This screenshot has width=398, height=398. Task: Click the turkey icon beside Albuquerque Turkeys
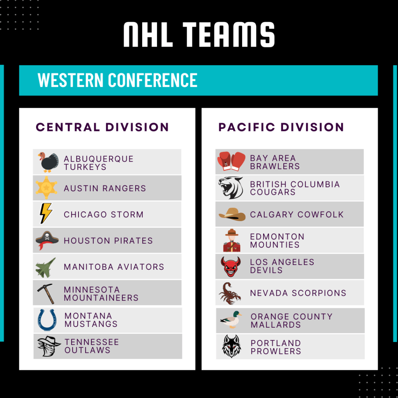pyautogui.click(x=48, y=162)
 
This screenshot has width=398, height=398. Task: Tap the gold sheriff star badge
pyautogui.click(x=47, y=188)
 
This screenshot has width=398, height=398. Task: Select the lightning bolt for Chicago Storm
pyautogui.click(x=46, y=213)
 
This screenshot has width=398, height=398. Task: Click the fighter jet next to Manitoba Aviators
pyautogui.click(x=46, y=267)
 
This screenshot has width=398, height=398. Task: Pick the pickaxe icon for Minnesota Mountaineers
pyautogui.click(x=46, y=294)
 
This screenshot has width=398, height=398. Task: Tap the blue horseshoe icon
pyautogui.click(x=47, y=320)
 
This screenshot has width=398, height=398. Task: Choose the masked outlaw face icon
pyautogui.click(x=49, y=346)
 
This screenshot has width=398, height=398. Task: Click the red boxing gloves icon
pyautogui.click(x=231, y=161)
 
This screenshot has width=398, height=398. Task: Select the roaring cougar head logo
pyautogui.click(x=231, y=188)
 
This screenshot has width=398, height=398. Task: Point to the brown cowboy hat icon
pyautogui.click(x=232, y=214)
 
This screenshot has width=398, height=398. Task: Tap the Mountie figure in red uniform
pyautogui.click(x=232, y=240)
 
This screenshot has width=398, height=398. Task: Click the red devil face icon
pyautogui.click(x=230, y=267)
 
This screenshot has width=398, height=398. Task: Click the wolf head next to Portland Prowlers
pyautogui.click(x=231, y=346)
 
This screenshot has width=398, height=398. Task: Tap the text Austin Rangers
pyautogui.click(x=105, y=189)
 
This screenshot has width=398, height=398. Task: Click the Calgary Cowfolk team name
pyautogui.click(x=297, y=215)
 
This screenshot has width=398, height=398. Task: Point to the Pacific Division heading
pyautogui.click(x=281, y=127)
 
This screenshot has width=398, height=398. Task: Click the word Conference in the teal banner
pyautogui.click(x=152, y=80)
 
